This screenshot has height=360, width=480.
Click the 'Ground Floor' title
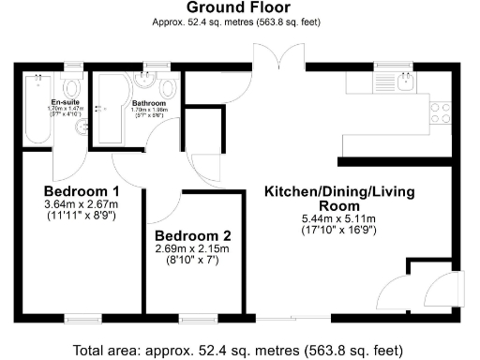click(x=240, y=8)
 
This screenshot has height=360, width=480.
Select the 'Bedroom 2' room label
click(x=191, y=235)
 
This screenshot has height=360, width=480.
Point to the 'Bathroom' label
click(x=148, y=102)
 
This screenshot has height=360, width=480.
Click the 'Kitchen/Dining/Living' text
click(x=338, y=192)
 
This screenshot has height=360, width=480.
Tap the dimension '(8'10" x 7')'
click(x=191, y=262)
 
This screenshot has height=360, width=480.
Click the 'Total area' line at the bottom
click(x=240, y=350)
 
